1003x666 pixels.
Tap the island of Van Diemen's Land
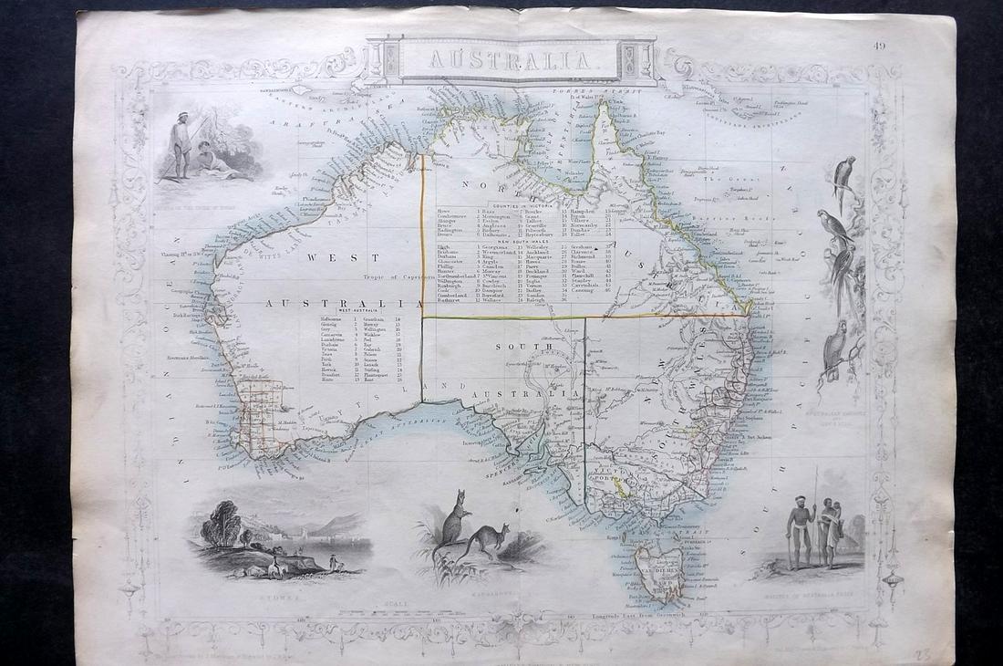658,569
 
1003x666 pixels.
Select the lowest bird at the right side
833,348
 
